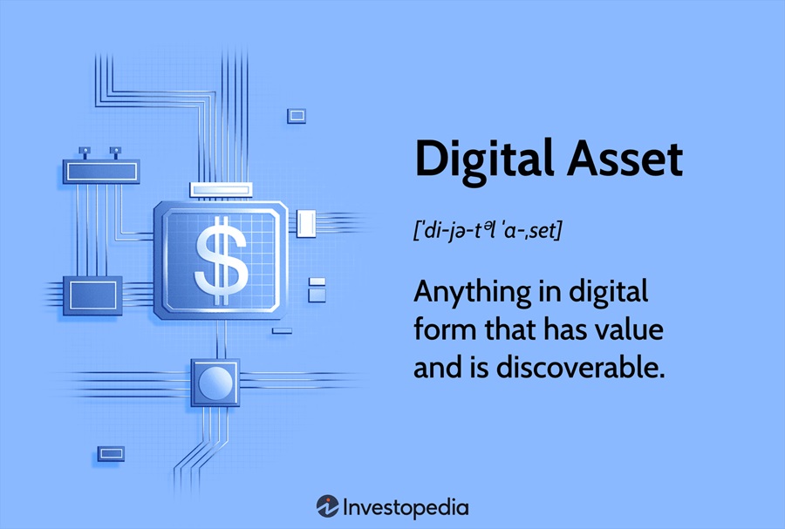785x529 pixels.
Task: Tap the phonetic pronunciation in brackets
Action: click(488, 230)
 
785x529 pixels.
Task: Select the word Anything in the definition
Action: click(472, 294)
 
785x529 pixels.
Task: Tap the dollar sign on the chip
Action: click(221, 261)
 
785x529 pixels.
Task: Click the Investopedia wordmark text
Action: click(406, 508)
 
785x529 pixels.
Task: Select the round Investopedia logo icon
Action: click(327, 506)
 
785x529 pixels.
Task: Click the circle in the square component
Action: click(215, 383)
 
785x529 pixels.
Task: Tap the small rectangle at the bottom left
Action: click(111, 453)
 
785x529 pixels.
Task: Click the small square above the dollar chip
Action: click(297, 116)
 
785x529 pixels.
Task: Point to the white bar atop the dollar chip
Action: click(221, 190)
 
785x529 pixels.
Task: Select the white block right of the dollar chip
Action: click(306, 223)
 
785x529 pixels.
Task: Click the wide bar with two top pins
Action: click(101, 172)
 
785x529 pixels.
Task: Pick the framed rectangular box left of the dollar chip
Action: click(92, 295)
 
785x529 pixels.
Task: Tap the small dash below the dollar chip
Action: click(282, 330)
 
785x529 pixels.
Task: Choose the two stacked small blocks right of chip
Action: click(317, 290)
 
